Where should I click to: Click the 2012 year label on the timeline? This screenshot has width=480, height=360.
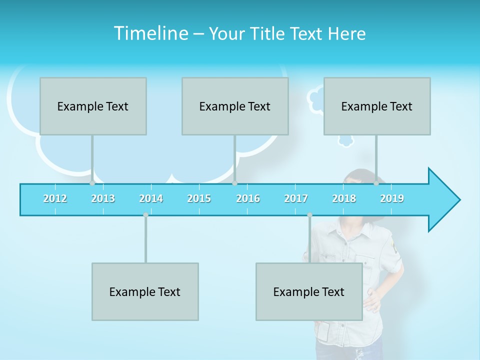(55, 198)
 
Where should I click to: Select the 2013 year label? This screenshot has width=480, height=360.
(103, 198)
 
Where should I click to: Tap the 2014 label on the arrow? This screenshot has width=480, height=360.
(151, 198)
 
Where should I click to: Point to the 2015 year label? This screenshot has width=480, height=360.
(199, 198)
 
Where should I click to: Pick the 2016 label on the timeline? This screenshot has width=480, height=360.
(248, 198)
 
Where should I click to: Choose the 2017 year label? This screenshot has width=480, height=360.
(296, 198)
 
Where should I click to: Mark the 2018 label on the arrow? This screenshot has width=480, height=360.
(344, 198)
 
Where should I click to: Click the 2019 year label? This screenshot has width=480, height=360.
(392, 198)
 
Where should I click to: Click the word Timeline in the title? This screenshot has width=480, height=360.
(150, 33)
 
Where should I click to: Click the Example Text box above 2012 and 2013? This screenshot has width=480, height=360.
(93, 106)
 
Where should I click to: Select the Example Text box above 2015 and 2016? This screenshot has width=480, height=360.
(235, 106)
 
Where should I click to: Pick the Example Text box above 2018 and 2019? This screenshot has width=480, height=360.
(377, 106)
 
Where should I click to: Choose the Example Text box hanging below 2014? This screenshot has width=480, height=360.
(145, 291)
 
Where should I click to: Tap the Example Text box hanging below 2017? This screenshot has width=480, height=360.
(309, 291)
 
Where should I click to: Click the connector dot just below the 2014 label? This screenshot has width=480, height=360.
(145, 214)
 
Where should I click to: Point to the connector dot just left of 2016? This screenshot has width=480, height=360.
(234, 183)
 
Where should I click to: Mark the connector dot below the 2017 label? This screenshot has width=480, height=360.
(309, 214)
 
